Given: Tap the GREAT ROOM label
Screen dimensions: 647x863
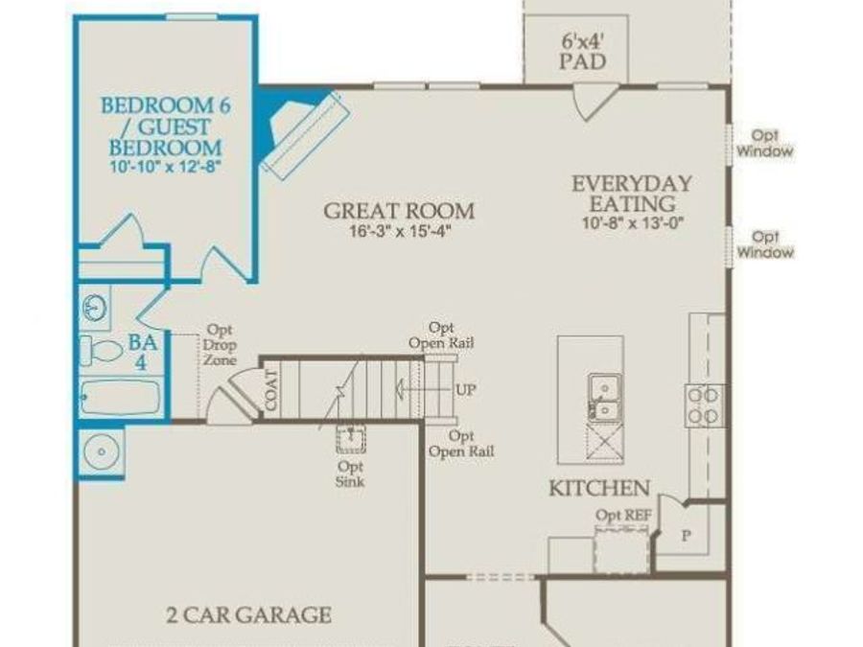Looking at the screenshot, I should pos(399,211).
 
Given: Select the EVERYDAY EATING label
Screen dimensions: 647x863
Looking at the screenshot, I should pos(632,193).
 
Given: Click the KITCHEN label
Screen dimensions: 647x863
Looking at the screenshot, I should pos(599,488).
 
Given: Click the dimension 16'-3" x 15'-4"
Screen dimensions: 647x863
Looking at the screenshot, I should pos(399,232).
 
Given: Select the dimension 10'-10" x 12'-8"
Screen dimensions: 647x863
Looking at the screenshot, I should pos(163,166).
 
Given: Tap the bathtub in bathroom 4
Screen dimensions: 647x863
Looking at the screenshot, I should pos(120,397).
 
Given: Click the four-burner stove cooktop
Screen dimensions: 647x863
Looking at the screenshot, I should pos(703,405).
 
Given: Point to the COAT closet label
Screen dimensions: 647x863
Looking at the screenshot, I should pos(271,390).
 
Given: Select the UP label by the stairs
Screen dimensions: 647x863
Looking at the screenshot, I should pos(465,390).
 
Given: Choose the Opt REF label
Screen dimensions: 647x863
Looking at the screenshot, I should pos(623,516).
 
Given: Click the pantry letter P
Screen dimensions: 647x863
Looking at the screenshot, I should pos(687,537).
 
